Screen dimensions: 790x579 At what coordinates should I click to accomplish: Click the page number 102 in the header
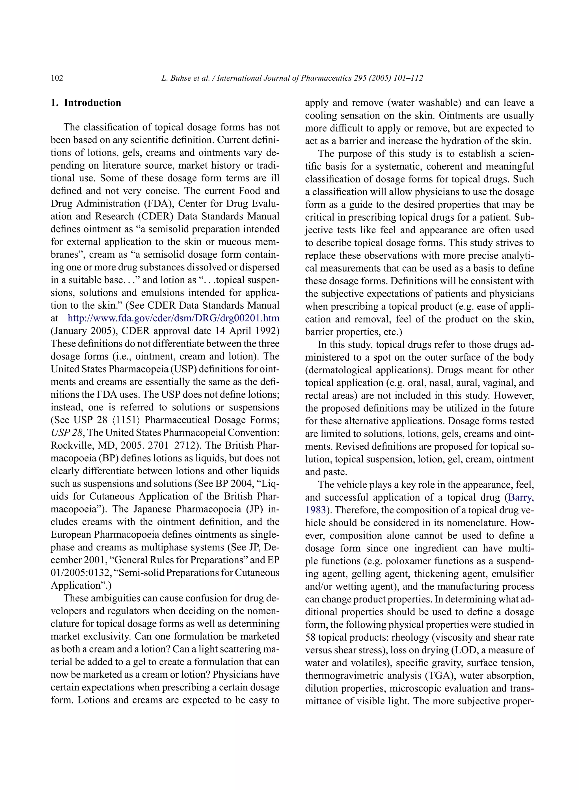coord(57,78)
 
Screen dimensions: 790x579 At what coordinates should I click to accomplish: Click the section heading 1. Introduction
coord(86,103)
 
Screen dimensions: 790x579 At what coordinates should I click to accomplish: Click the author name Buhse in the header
coord(180,78)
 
